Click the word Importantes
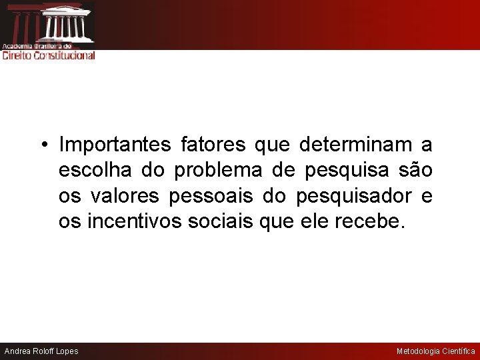click(x=115, y=144)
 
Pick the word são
click(x=415, y=170)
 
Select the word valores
click(x=124, y=196)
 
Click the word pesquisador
click(x=345, y=196)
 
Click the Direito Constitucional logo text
click(x=49, y=55)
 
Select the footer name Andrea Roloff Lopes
click(x=41, y=351)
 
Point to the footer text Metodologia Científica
click(x=436, y=351)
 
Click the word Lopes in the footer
click(x=67, y=351)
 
